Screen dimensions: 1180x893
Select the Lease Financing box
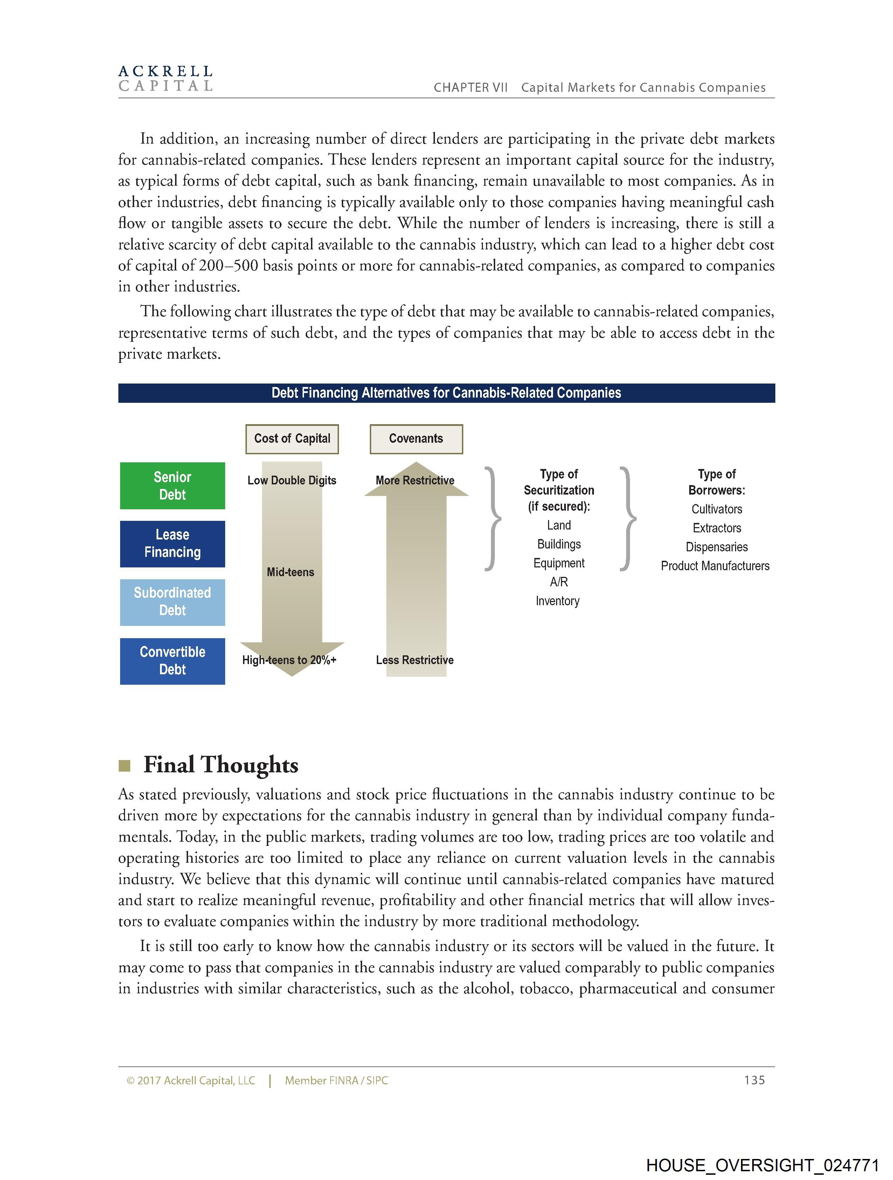(172, 544)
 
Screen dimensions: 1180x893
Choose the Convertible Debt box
(172, 661)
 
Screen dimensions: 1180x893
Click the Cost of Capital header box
(292, 439)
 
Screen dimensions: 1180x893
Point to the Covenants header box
(416, 439)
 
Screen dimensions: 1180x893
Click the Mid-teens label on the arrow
(290, 572)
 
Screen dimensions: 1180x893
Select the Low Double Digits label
(292, 480)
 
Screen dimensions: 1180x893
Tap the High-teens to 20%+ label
(289, 660)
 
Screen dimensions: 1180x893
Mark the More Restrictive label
(415, 480)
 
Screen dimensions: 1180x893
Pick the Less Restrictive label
(415, 660)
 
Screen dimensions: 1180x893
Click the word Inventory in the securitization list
(558, 601)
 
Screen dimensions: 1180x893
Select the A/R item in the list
(559, 582)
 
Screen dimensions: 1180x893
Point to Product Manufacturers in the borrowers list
(715, 566)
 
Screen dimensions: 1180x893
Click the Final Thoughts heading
(221, 765)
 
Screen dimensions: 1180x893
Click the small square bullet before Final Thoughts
(124, 766)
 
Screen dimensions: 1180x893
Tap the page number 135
(754, 1080)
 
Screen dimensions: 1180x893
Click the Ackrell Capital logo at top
(165, 78)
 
